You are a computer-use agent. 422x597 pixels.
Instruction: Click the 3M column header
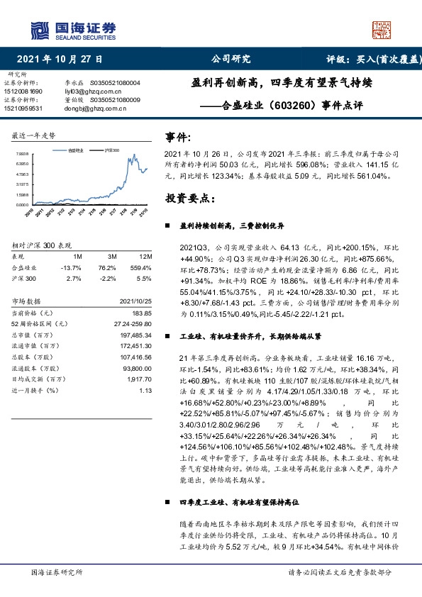pos(112,255)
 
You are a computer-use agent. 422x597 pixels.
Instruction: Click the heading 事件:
pos(177,136)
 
